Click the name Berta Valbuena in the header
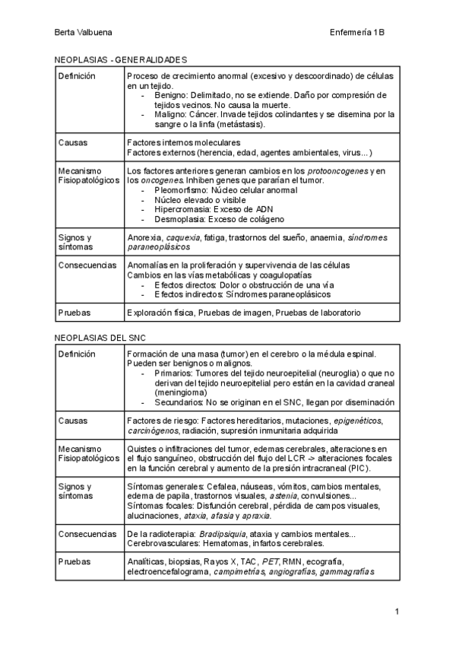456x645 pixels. [x=83, y=33]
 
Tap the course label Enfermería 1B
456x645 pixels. [x=358, y=33]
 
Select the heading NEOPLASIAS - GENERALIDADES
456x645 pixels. [x=121, y=59]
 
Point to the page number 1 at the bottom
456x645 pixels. [x=397, y=611]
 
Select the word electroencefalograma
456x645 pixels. [x=168, y=572]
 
